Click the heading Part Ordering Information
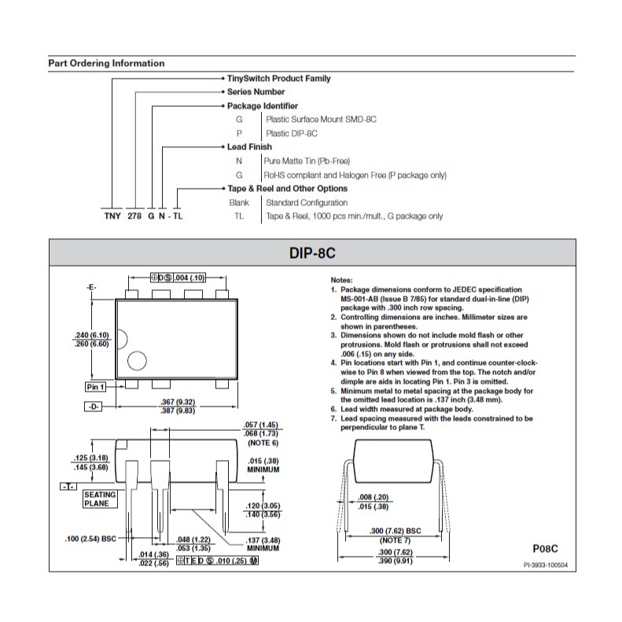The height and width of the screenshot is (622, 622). click(x=106, y=64)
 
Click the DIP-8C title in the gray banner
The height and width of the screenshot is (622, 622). click(x=312, y=252)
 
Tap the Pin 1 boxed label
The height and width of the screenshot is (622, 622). click(x=96, y=387)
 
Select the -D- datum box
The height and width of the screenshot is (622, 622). click(x=94, y=407)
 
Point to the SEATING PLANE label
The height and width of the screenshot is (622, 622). click(x=101, y=499)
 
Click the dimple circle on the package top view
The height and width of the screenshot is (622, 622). click(x=137, y=361)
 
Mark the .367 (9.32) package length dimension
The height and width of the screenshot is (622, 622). click(x=178, y=402)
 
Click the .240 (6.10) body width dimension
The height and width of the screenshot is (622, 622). click(x=92, y=335)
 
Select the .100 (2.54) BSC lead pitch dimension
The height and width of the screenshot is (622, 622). click(x=90, y=539)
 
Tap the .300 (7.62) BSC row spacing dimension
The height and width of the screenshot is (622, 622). click(x=395, y=531)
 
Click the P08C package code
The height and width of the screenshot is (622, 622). click(x=545, y=549)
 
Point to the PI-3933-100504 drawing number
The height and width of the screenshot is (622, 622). click(x=546, y=565)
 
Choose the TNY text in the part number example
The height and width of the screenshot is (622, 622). click(x=112, y=215)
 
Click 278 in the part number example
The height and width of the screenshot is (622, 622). click(x=134, y=215)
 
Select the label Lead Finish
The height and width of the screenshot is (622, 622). click(x=249, y=147)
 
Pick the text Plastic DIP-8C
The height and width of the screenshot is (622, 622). click(x=292, y=134)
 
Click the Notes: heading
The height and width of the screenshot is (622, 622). click(x=341, y=280)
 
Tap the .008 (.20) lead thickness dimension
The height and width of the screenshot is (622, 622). click(x=374, y=497)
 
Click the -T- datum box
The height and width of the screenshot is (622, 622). click(x=68, y=486)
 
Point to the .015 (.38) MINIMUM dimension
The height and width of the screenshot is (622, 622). click(x=263, y=465)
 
